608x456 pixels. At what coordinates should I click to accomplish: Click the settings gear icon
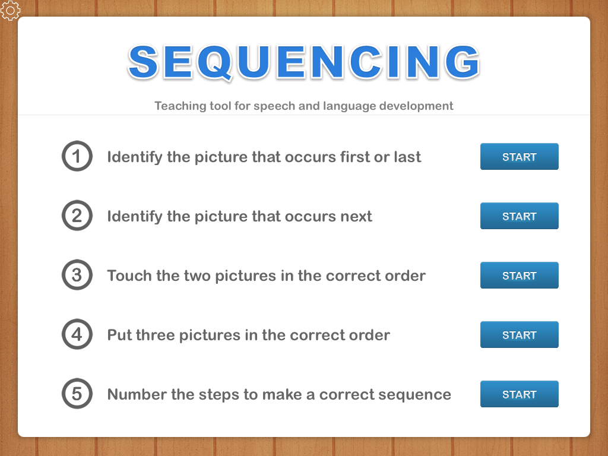pos(10,10)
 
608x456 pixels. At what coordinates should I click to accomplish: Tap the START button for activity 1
pos(519,157)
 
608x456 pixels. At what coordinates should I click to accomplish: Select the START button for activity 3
pos(519,275)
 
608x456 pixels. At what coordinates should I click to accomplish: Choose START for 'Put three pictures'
pos(519,335)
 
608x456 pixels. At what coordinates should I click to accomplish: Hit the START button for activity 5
pos(519,394)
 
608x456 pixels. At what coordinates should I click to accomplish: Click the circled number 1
pos(77,157)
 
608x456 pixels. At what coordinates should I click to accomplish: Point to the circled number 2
pos(77,216)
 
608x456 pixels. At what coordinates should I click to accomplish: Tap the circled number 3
pos(77,275)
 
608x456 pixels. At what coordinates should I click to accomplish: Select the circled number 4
pos(77,335)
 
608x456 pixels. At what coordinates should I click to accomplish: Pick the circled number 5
pos(77,394)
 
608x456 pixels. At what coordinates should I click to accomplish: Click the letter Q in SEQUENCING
pos(224,62)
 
